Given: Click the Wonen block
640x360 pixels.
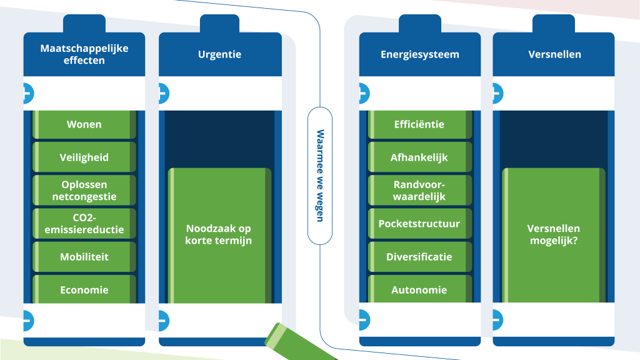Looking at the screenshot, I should tap(84, 124).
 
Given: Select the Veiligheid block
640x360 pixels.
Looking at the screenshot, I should tap(84, 157).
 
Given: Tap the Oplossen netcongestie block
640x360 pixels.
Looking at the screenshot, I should tap(84, 191).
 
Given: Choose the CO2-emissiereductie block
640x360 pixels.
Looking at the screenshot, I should tap(84, 224).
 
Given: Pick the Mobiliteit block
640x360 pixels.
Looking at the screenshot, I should tap(84, 257).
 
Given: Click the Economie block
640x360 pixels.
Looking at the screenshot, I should tap(84, 290).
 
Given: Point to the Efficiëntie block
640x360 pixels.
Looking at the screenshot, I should tap(419, 124).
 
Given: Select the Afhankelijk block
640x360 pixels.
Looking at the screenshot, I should tap(419, 157).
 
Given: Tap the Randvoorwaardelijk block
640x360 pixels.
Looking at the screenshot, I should tap(419, 191).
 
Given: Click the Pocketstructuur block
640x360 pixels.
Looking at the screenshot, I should tap(419, 224).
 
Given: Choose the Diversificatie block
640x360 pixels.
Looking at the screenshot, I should tap(419, 257).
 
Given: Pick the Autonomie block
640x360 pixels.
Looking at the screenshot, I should tap(419, 290).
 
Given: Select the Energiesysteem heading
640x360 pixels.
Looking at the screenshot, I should tap(420, 54).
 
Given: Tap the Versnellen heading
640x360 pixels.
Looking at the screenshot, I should tap(554, 54).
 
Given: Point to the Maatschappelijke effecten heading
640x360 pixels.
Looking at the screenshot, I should tap(84, 54).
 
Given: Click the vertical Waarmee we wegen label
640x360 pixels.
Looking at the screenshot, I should tap(320, 176).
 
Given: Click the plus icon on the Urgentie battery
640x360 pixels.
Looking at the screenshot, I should tap(162, 94).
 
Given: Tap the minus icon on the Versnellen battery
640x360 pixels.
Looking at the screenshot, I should tap(496, 320).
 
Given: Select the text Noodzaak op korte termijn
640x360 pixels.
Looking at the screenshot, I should tap(219, 234).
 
